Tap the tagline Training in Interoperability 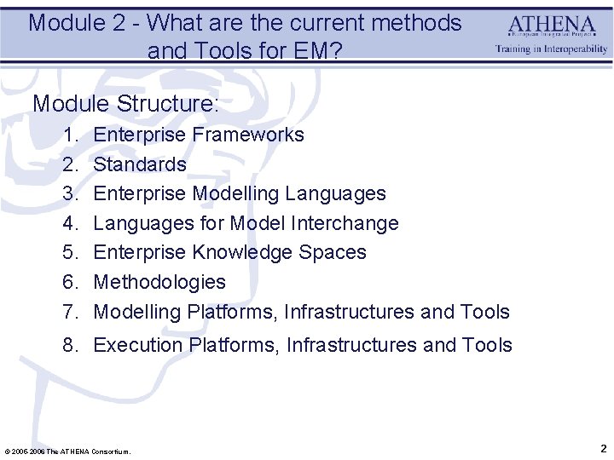(552, 49)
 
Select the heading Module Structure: (126, 104)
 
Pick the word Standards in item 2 (140, 164)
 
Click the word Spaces (338, 252)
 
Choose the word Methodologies (159, 282)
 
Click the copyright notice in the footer (68, 451)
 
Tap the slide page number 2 (603, 448)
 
